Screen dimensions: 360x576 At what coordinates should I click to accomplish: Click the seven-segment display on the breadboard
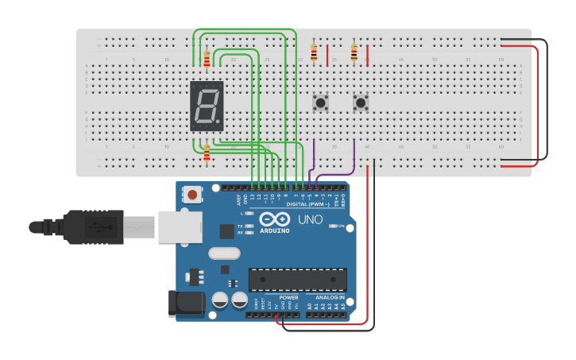click(x=207, y=106)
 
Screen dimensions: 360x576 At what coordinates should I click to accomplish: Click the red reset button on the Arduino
click(x=191, y=194)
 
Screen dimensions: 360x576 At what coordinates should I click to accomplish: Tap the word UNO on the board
click(x=309, y=219)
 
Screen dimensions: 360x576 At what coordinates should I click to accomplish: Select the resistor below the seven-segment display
click(x=207, y=152)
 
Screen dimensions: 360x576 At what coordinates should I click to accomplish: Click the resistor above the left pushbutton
click(x=314, y=53)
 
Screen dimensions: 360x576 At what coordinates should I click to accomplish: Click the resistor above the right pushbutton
click(x=354, y=53)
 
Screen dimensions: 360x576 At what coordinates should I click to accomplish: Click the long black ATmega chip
click(x=297, y=280)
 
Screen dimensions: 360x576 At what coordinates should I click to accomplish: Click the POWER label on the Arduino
click(x=288, y=297)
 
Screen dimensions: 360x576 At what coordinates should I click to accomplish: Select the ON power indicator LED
click(x=331, y=226)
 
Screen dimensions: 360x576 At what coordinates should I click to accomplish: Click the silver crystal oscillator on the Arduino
click(x=223, y=254)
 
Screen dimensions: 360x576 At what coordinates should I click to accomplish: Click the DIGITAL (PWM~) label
click(x=291, y=204)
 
